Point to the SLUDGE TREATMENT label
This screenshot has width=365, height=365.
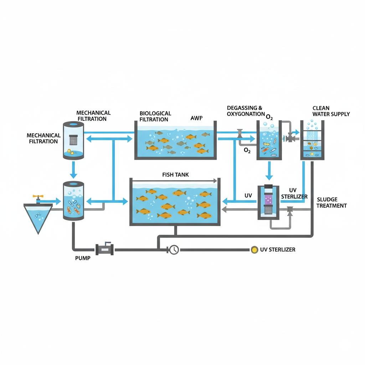pos(331,202)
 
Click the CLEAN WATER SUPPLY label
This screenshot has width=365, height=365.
pos(331,111)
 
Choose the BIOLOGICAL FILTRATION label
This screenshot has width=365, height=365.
pos(155,116)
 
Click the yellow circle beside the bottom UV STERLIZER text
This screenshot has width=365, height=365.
pos(254,250)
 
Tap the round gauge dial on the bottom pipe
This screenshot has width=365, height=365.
pos(174,250)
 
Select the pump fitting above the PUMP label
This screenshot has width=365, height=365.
pos(104,249)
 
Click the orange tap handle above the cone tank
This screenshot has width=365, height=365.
pos(36,197)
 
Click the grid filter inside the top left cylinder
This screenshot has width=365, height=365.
pos(73,139)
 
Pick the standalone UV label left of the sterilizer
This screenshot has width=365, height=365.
pos(248,196)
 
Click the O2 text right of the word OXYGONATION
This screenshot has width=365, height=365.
pos(270,117)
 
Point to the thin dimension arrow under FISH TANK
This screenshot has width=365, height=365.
pos(175,180)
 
